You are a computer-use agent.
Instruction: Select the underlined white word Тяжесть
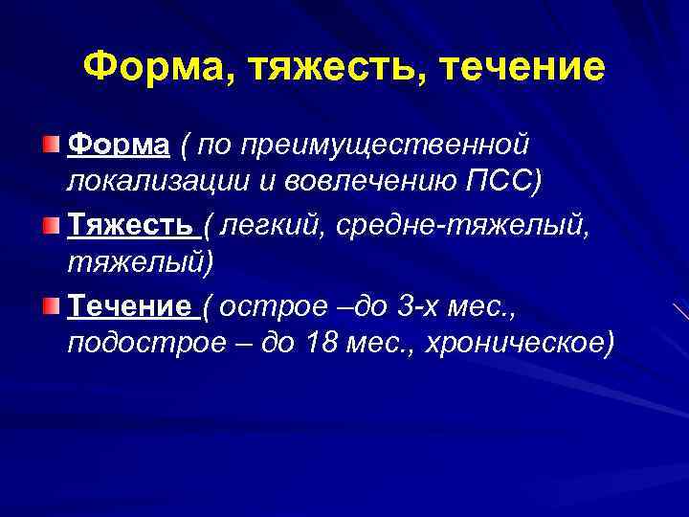click(131, 225)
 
